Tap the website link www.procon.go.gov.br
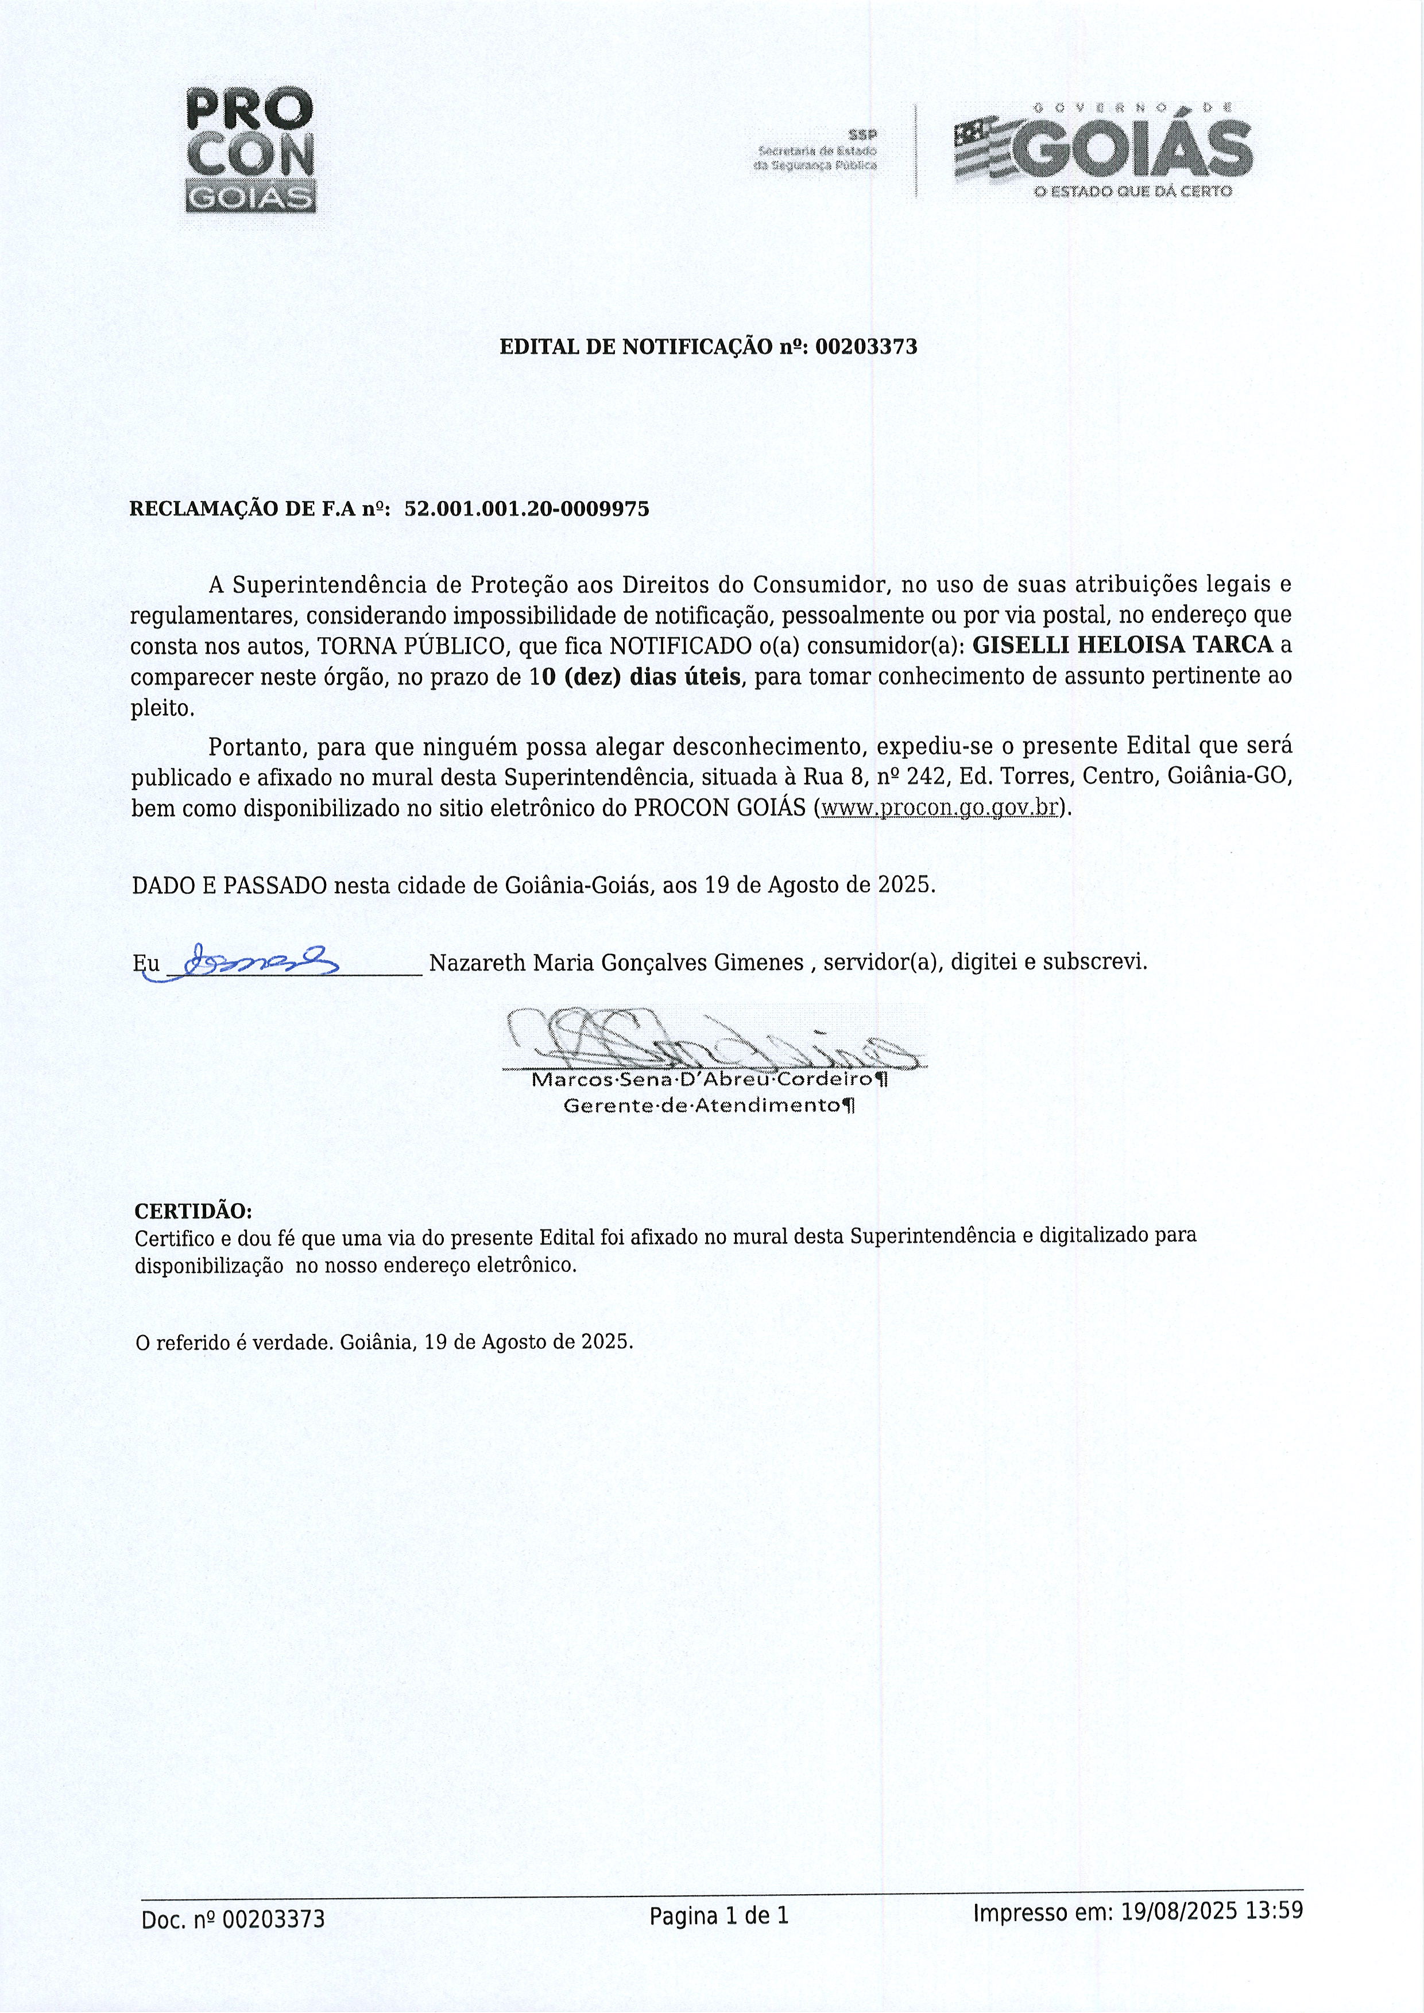click(x=937, y=808)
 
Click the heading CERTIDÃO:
click(x=193, y=1212)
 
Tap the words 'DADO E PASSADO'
click(x=230, y=885)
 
